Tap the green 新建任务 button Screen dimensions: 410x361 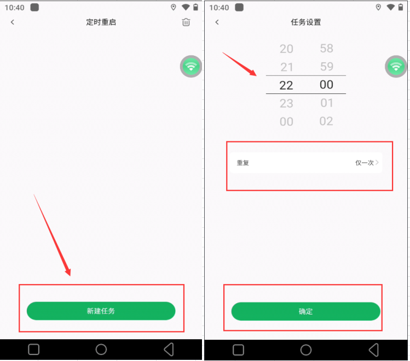(101, 311)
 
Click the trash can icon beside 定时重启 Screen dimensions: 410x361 (186, 22)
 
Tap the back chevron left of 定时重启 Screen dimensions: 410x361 (12, 22)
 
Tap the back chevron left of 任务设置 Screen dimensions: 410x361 (217, 22)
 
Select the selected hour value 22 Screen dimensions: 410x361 (286, 85)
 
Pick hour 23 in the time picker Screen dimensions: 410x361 (286, 103)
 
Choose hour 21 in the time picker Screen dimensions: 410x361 (287, 67)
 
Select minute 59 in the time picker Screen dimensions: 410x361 (327, 67)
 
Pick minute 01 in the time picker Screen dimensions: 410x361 (327, 103)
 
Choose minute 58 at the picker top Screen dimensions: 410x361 (327, 48)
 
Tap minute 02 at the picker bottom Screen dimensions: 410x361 (326, 121)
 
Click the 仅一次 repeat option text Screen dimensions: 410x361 (364, 163)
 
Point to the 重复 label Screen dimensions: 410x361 (242, 163)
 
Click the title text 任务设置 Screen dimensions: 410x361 (305, 22)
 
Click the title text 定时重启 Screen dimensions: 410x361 (101, 22)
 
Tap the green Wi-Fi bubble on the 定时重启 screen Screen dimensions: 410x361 (191, 66)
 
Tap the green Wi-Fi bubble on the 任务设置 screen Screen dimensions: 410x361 (396, 66)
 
